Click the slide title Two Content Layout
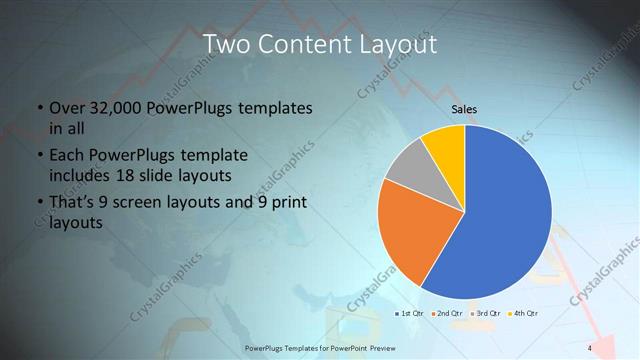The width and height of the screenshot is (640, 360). coord(319,45)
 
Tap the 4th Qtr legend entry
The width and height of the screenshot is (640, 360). coord(523,313)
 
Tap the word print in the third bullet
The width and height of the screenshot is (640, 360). coord(290,203)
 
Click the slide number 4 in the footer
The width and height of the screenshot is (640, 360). coord(589,347)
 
